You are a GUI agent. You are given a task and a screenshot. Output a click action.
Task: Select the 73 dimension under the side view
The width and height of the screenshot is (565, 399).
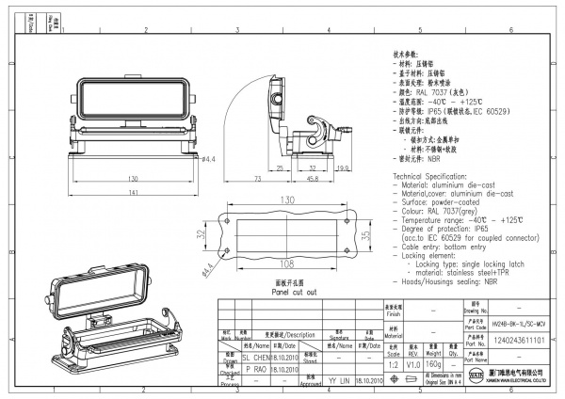point(257,178)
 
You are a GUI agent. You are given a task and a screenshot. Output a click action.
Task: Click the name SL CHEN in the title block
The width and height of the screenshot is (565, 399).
point(257,359)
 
